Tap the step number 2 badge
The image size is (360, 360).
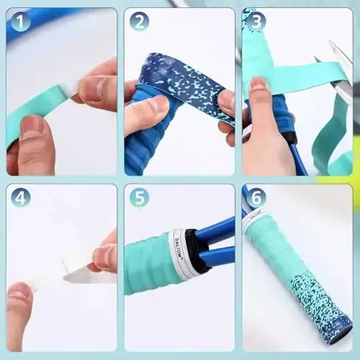pyautogui.click(x=139, y=22)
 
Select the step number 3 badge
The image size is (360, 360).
pyautogui.click(x=255, y=22)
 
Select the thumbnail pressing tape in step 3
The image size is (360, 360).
pyautogui.click(x=258, y=90)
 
